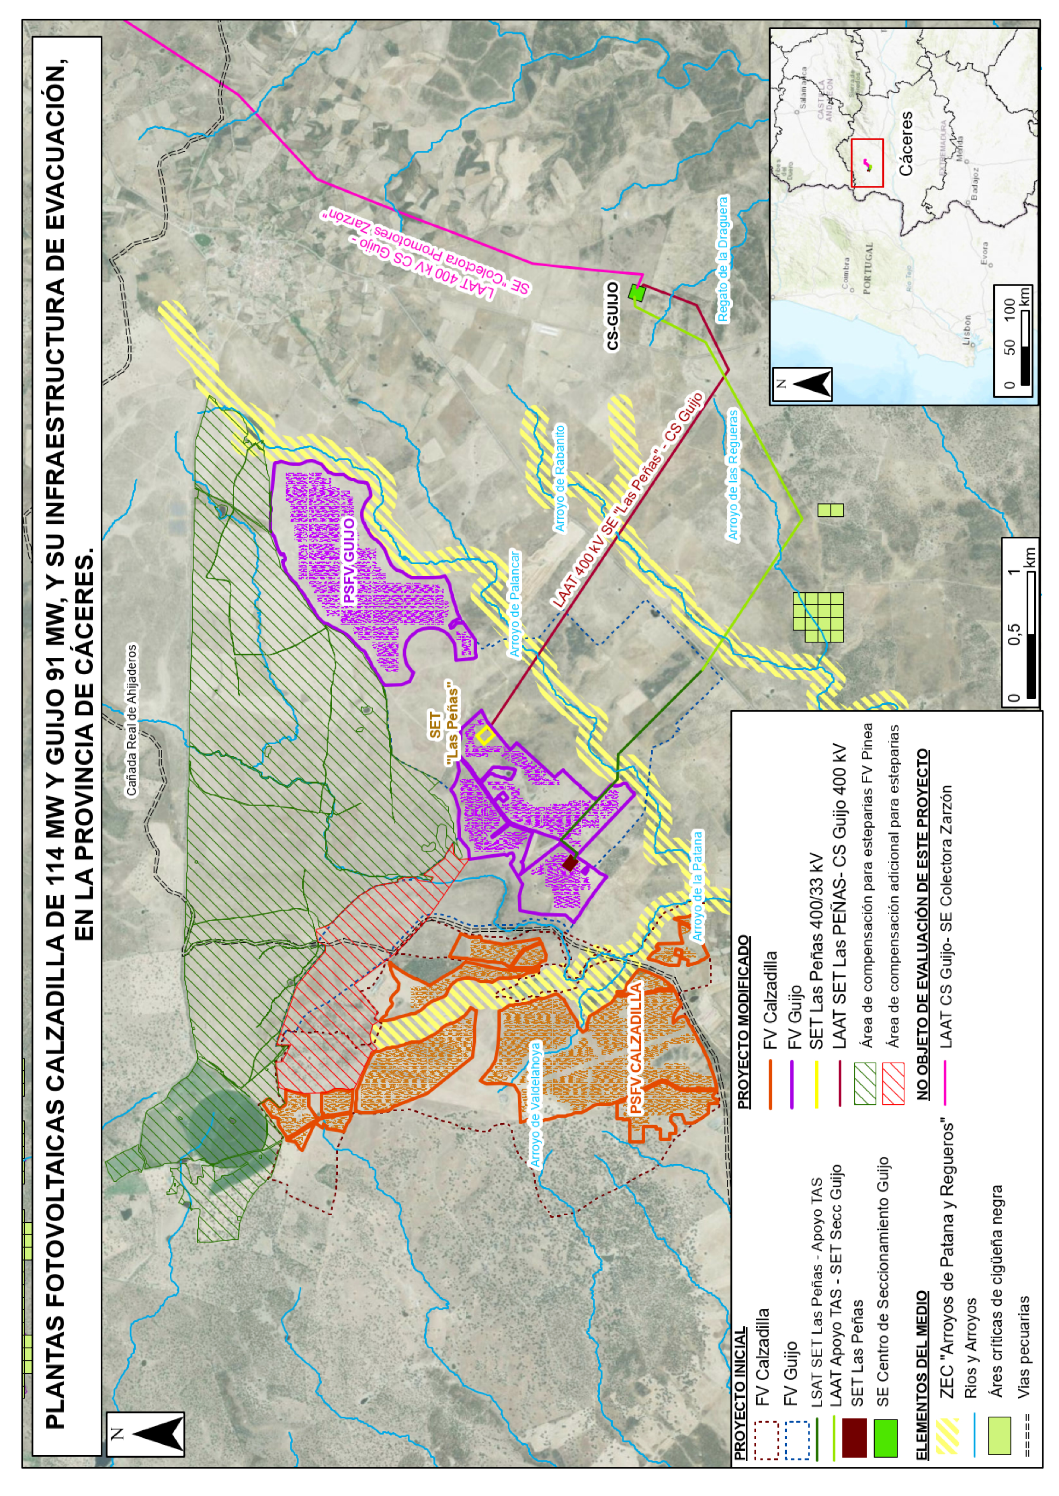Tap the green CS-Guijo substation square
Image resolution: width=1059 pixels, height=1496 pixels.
pos(637,293)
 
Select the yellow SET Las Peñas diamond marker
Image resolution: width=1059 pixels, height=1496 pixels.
pos(485,735)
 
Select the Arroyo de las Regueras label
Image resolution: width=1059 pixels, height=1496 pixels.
pos(733,474)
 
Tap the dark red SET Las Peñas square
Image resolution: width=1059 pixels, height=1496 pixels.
pos(570,863)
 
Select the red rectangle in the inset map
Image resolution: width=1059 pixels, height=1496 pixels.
pos(867,163)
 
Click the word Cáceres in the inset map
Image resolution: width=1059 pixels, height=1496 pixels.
pos(907,143)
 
